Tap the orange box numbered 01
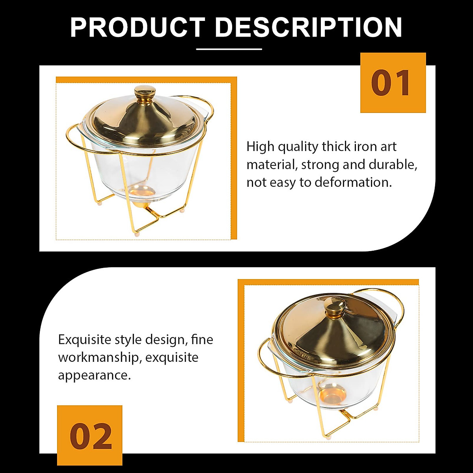[393, 83]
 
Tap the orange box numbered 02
[90, 436]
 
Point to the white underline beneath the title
[229, 49]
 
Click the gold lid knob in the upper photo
[145, 93]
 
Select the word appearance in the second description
[94, 375]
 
